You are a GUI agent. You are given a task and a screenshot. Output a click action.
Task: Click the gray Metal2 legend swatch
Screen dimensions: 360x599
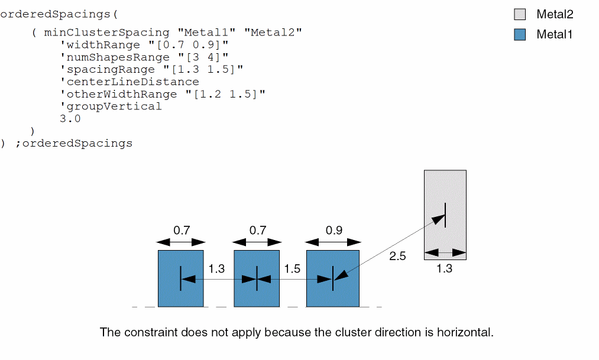click(520, 15)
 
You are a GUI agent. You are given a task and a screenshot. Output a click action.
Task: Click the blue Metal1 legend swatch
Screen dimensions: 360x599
click(520, 34)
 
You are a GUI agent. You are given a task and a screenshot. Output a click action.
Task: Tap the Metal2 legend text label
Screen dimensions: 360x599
click(555, 15)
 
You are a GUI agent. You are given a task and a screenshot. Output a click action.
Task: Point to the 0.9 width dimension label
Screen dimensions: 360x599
click(334, 231)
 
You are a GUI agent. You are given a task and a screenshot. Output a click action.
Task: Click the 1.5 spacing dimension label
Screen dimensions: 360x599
click(292, 269)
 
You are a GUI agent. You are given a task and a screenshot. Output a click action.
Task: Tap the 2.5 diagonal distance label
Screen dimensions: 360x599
click(397, 256)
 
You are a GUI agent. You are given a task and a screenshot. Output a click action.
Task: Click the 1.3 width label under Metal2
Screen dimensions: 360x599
click(444, 268)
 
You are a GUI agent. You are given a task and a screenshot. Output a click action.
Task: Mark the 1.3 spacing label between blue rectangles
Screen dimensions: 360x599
click(216, 269)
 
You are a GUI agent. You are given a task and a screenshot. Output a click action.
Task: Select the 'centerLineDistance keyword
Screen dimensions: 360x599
click(129, 82)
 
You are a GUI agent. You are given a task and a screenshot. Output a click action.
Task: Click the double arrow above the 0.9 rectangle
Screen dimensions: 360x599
click(333, 242)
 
